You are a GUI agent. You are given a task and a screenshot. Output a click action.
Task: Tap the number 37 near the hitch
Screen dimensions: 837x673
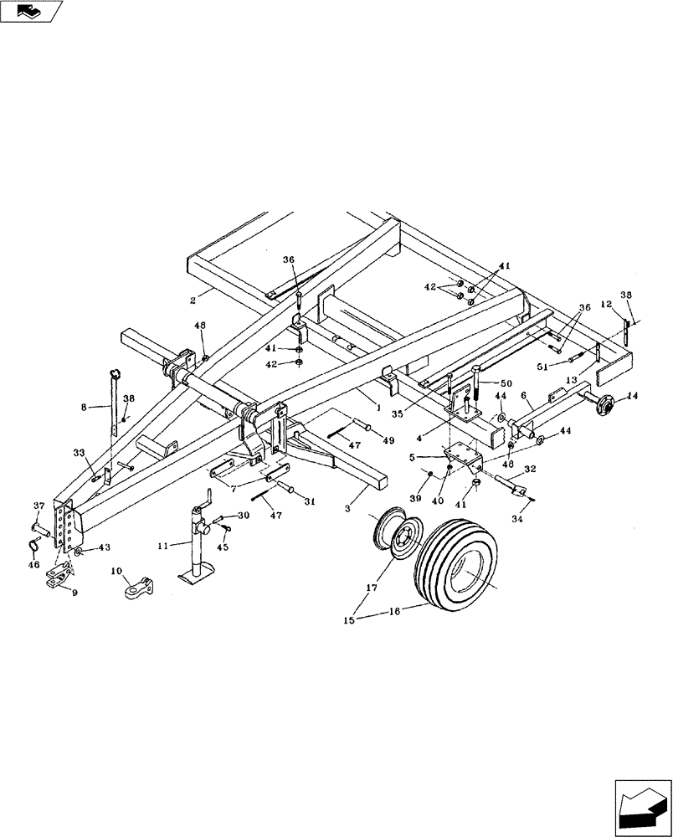39,506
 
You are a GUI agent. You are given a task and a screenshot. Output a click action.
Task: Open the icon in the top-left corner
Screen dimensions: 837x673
32,12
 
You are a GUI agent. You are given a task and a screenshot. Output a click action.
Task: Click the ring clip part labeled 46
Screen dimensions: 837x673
32,547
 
